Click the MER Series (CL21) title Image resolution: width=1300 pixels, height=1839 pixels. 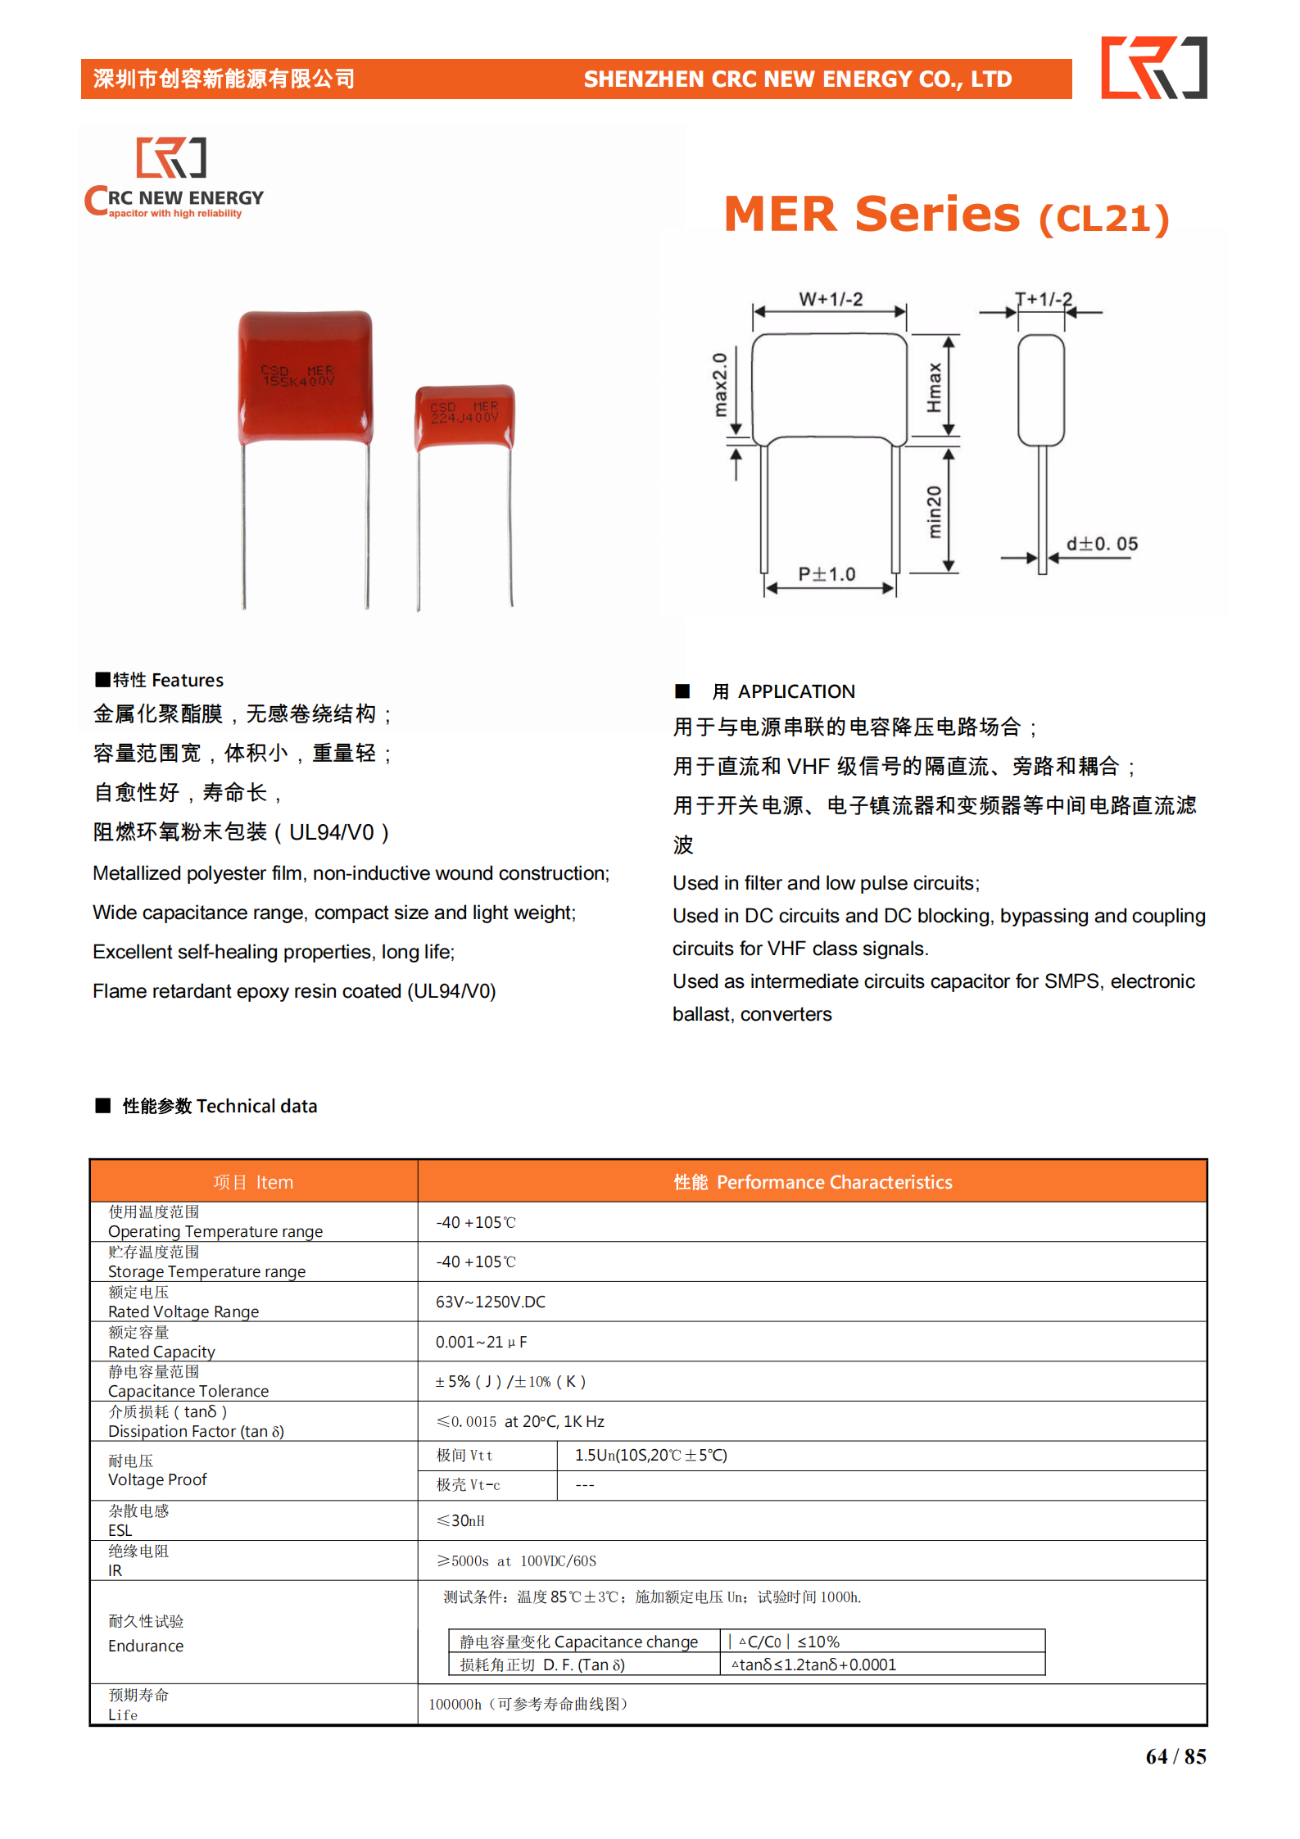click(946, 215)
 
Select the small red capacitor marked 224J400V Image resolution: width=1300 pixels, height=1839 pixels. click(464, 416)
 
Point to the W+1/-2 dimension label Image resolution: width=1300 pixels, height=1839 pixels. click(831, 299)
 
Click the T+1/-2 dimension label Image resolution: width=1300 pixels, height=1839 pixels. click(1044, 299)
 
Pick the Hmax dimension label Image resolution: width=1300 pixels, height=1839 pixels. click(934, 387)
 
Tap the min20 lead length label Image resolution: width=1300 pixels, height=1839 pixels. click(934, 511)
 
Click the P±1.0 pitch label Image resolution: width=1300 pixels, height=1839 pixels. click(827, 573)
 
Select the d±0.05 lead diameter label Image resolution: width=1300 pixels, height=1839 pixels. click(1102, 544)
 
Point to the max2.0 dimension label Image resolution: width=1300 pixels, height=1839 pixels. click(719, 385)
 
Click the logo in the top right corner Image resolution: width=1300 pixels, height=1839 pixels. click(1153, 67)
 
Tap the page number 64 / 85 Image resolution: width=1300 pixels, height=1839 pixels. click(1175, 1756)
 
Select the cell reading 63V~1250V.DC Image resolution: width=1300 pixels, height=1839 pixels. click(491, 1302)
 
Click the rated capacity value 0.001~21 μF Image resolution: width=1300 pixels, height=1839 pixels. click(482, 1342)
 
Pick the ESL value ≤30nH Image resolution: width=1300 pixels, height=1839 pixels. click(460, 1520)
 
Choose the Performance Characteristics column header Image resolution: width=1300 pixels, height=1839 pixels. click(813, 1182)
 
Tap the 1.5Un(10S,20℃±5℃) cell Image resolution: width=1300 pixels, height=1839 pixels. click(651, 1455)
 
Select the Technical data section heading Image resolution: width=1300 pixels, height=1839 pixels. click(220, 1106)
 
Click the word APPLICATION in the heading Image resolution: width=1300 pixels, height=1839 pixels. click(796, 691)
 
